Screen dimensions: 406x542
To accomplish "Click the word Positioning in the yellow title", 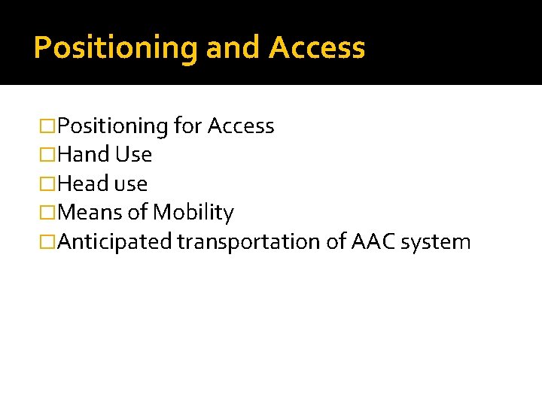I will [x=116, y=48].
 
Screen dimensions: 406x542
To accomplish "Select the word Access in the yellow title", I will [x=317, y=48].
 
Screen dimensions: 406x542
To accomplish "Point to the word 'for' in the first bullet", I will [x=187, y=126].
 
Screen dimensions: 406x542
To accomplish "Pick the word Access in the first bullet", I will [x=240, y=126].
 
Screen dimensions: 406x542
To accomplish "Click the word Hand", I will [x=84, y=155].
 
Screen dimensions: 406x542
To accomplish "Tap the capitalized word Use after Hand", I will [x=133, y=155].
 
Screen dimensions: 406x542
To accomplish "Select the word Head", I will [x=84, y=184].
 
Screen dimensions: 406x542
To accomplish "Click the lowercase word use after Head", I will [x=130, y=184].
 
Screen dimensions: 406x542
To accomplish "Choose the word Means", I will [x=90, y=213].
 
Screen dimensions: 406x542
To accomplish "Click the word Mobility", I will [x=193, y=213].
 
